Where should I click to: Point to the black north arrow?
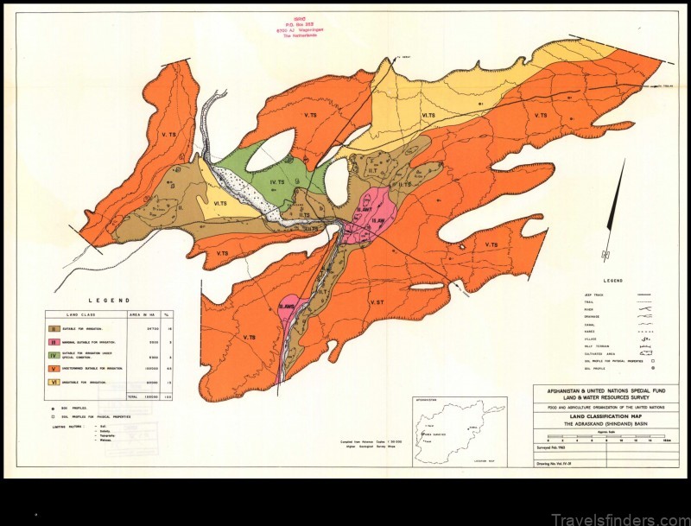pyautogui.click(x=612, y=211)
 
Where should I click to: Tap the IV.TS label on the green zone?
pyautogui.click(x=278, y=182)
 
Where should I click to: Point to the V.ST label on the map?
pyautogui.click(x=377, y=303)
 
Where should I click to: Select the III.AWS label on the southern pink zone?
pyautogui.click(x=288, y=308)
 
